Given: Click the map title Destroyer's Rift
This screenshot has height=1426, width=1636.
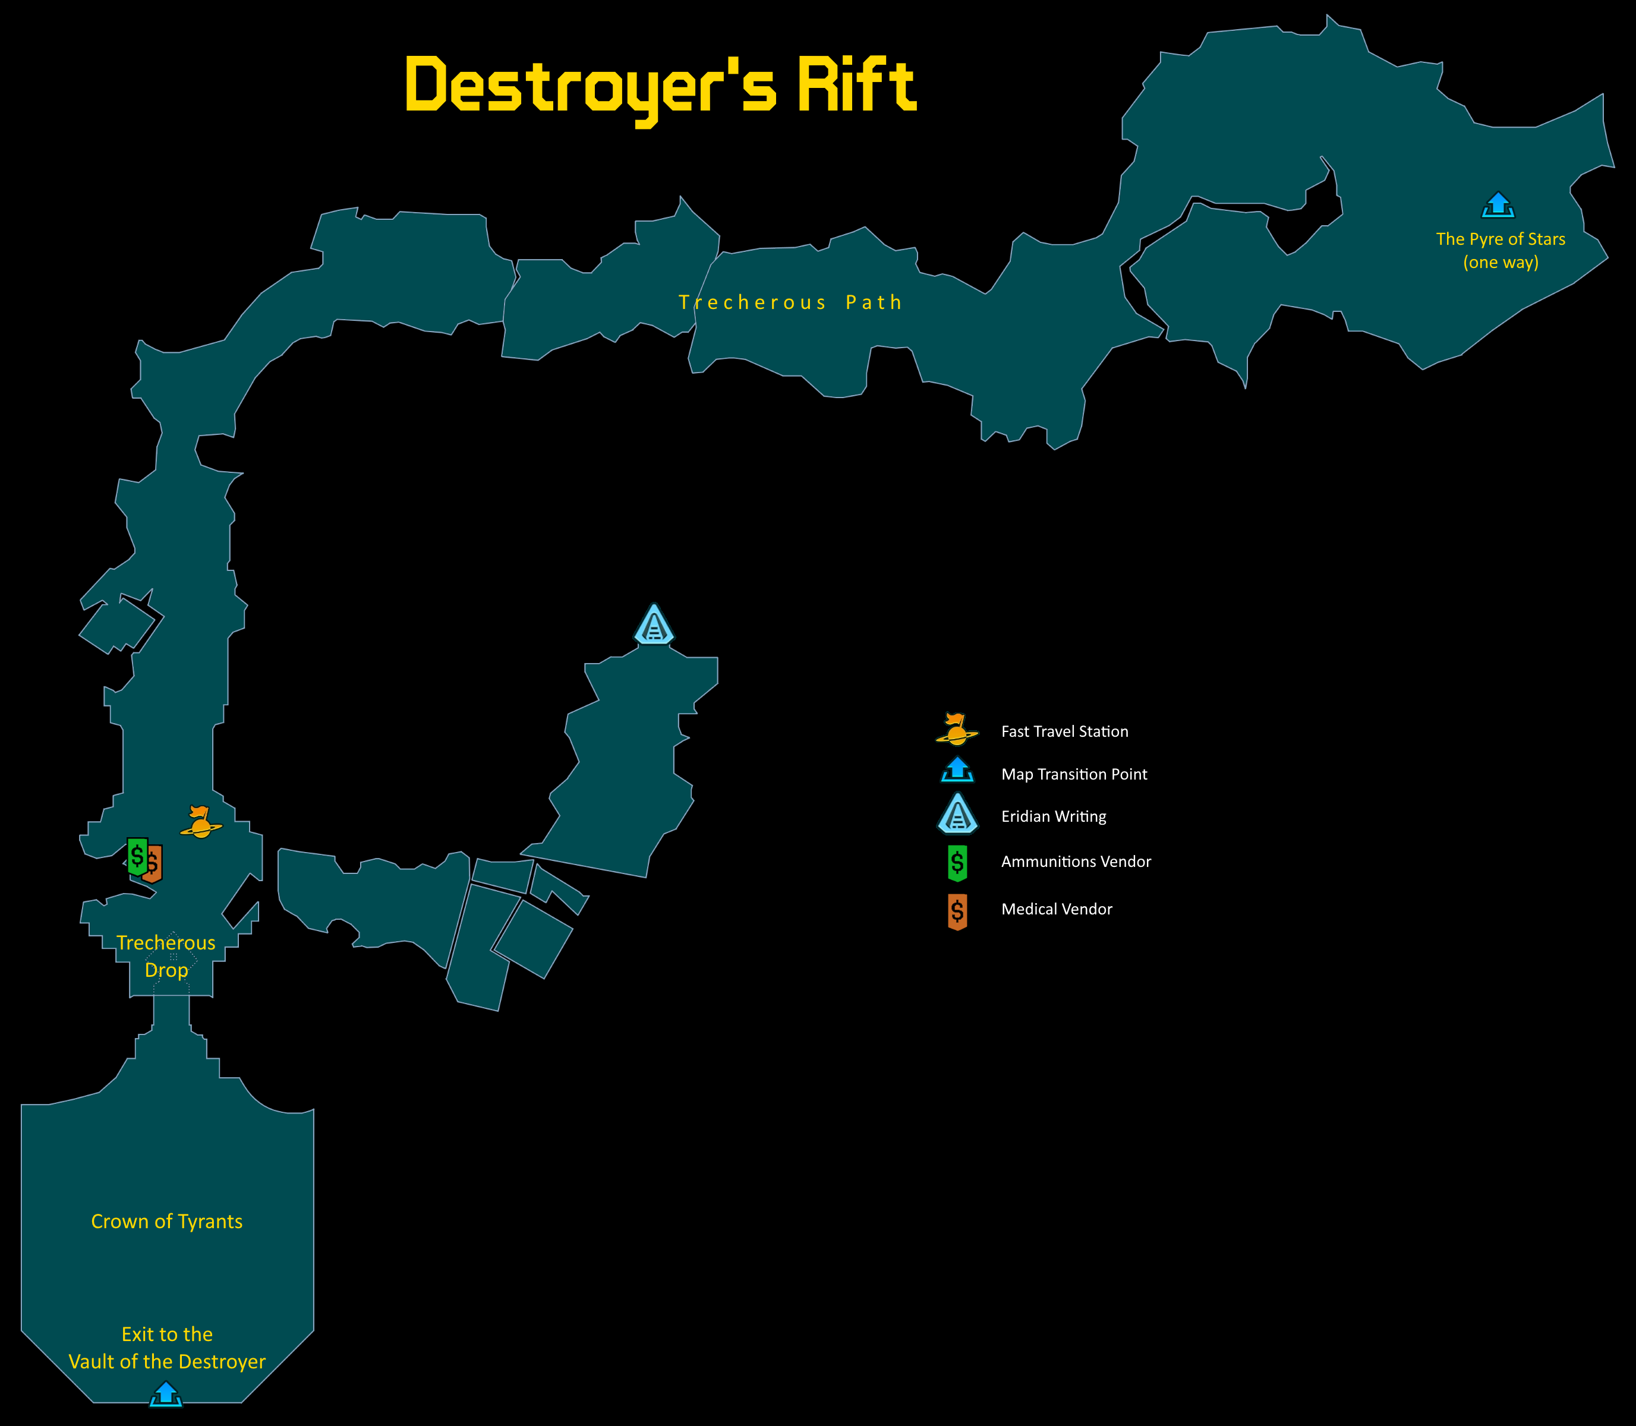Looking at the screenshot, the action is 660,86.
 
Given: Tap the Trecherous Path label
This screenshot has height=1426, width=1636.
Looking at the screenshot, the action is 790,302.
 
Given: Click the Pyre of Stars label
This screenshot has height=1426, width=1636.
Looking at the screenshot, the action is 1500,250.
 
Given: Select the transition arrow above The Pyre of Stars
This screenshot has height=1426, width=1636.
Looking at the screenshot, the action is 1498,206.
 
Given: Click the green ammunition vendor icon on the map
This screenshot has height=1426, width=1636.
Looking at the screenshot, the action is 137,856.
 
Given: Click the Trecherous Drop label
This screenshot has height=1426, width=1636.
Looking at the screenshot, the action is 166,955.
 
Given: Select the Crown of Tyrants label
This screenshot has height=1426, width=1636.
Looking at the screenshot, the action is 166,1222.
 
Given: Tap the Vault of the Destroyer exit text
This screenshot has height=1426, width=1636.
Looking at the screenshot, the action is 167,1348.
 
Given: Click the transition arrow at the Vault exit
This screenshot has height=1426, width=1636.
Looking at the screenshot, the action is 166,1393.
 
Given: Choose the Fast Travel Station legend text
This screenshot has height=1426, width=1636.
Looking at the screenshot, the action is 1065,731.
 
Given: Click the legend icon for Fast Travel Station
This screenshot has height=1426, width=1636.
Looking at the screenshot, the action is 956,729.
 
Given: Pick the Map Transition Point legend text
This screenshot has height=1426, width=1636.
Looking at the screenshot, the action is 1074,774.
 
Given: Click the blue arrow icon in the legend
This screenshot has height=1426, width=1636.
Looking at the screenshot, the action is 957,769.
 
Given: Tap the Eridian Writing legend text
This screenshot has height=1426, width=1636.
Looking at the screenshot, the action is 1054,816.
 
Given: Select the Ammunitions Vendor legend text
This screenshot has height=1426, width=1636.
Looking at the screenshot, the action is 1076,862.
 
